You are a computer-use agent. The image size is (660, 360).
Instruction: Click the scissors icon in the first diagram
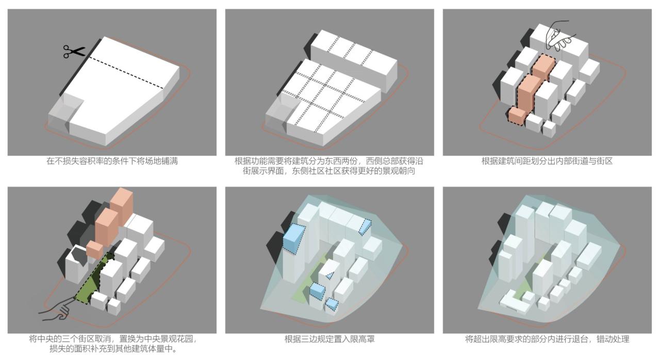(74, 51)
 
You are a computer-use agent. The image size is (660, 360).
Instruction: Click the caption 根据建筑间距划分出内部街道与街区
(547, 161)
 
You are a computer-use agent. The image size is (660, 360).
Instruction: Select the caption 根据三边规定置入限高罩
(329, 339)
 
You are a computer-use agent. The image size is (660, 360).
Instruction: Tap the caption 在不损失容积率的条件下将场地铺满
(112, 161)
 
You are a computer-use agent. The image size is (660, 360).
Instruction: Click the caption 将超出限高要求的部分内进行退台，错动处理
(547, 339)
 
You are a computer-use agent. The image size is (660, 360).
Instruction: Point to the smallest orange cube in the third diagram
(516, 116)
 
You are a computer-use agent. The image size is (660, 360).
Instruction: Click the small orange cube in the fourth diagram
(94, 250)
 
